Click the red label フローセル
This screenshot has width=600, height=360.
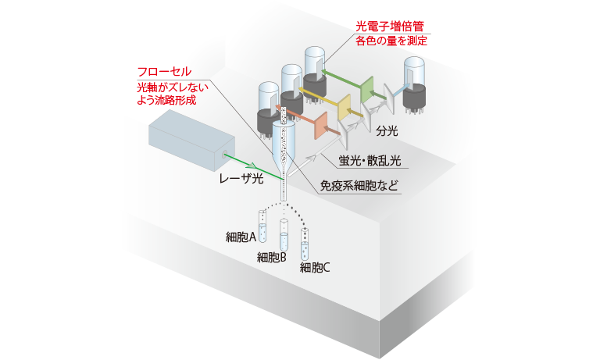(x=163, y=71)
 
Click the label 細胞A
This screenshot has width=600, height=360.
(x=241, y=237)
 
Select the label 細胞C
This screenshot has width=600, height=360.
(x=316, y=267)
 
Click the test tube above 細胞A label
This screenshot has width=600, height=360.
(x=262, y=225)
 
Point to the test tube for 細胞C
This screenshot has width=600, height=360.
(x=306, y=244)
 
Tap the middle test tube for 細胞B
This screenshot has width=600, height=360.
(x=283, y=235)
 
